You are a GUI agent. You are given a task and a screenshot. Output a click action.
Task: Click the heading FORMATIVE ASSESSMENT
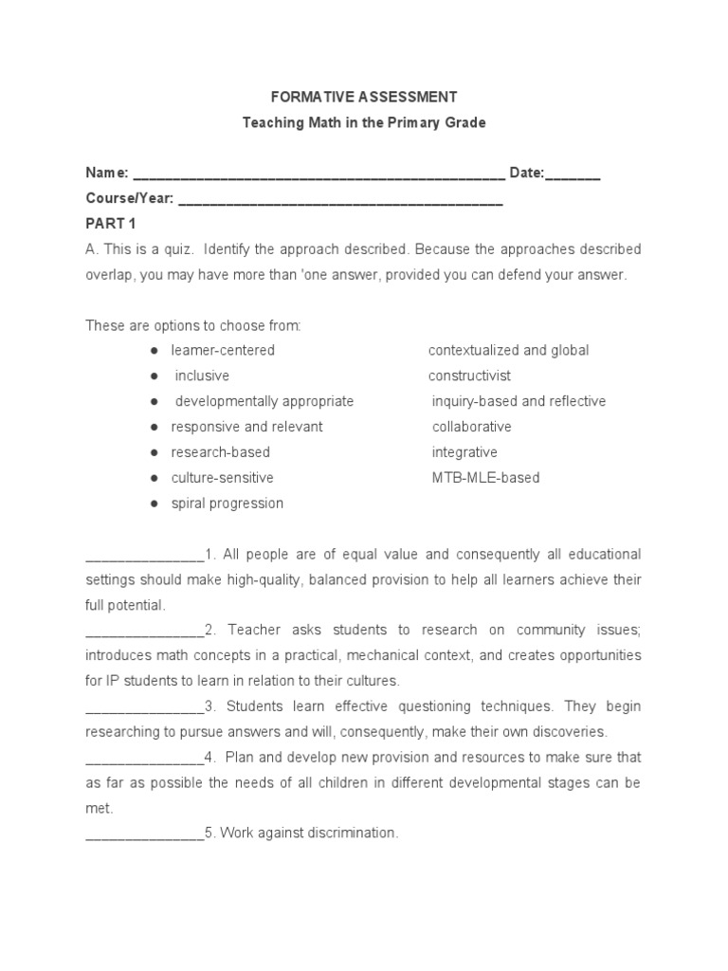(x=364, y=97)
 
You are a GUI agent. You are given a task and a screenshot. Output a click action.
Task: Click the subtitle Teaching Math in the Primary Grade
(x=364, y=123)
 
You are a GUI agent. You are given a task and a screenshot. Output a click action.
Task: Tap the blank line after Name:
(x=318, y=174)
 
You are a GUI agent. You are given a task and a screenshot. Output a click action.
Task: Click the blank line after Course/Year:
(x=340, y=200)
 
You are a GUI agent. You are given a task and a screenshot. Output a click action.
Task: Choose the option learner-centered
(x=223, y=351)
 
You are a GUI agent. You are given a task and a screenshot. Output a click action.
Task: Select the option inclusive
(x=202, y=376)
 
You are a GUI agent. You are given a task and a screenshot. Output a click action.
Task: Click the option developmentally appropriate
(x=264, y=401)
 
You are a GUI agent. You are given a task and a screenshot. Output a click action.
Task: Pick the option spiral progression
(x=227, y=504)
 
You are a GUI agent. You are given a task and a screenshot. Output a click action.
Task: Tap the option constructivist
(x=470, y=376)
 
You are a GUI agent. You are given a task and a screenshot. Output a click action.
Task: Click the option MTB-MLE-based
(x=485, y=478)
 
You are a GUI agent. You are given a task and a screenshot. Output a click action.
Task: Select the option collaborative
(x=472, y=427)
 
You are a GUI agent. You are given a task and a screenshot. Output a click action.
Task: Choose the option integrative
(x=464, y=452)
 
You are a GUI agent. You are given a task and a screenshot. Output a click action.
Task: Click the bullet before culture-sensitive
(x=153, y=478)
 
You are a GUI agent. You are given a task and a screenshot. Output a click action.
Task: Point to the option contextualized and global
(x=509, y=351)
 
